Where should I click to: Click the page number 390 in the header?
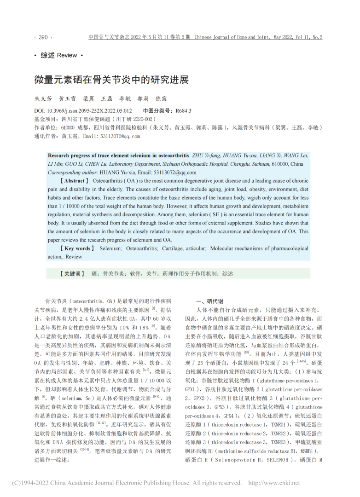pyautogui.click(x=43, y=37)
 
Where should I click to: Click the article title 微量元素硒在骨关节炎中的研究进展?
pyautogui.click(x=111, y=79)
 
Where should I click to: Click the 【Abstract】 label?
pyautogui.click(x=70, y=181)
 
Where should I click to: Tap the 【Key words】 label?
pyautogui.click(x=74, y=248)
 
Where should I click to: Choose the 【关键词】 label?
pyautogui.click(x=71, y=273)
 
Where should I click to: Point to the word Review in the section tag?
pyautogui.click(x=67, y=55)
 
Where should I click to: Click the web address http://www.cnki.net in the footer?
pyautogui.click(x=274, y=483)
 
